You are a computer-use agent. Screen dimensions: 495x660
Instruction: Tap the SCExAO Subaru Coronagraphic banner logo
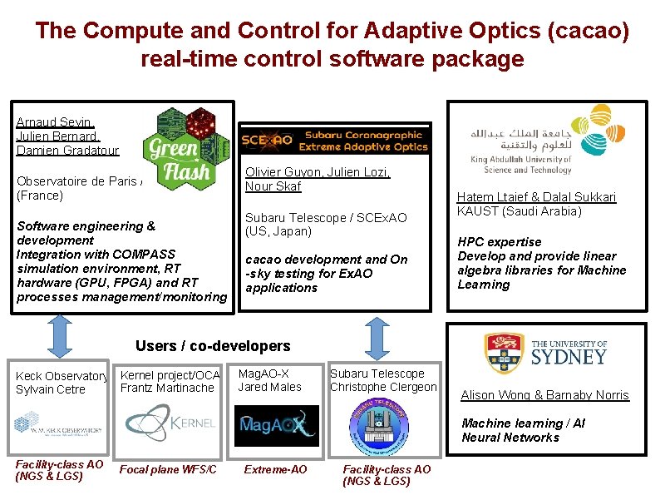pyautogui.click(x=334, y=140)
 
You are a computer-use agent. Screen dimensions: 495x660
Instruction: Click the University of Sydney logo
pyautogui.click(x=546, y=352)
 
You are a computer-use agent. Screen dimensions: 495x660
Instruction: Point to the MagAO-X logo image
pyautogui.click(x=276, y=426)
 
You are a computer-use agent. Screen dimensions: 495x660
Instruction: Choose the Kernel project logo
pyautogui.click(x=170, y=422)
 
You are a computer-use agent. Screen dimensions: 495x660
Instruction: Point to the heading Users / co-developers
pyautogui.click(x=213, y=346)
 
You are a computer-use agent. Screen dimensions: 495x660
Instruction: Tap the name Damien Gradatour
pyautogui.click(x=67, y=151)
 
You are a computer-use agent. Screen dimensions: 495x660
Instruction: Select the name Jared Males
pyautogui.click(x=269, y=387)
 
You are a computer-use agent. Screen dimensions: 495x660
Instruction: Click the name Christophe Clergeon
pyautogui.click(x=383, y=387)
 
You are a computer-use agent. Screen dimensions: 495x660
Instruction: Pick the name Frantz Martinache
pyautogui.click(x=166, y=388)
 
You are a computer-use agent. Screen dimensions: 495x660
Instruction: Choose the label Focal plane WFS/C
pyautogui.click(x=169, y=470)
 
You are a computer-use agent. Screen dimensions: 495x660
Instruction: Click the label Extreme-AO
pyautogui.click(x=275, y=470)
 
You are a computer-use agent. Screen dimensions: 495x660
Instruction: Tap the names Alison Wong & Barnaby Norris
pyautogui.click(x=544, y=395)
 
